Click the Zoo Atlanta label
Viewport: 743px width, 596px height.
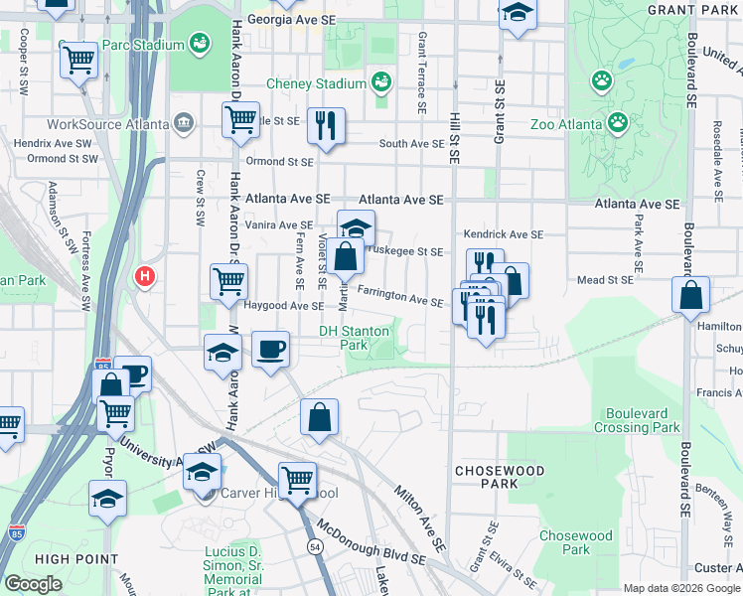coord(566,124)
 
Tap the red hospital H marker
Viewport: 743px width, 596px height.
coord(146,276)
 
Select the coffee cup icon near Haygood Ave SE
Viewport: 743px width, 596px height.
coord(270,350)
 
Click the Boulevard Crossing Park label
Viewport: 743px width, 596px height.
coord(637,420)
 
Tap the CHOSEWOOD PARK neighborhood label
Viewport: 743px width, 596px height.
coord(489,476)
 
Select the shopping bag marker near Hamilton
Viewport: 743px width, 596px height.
coord(690,295)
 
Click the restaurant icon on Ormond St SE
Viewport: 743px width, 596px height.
coord(326,125)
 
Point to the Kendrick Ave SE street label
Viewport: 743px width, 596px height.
coord(505,234)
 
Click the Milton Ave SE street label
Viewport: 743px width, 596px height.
coord(419,517)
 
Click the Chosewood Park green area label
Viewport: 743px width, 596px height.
coord(575,542)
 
